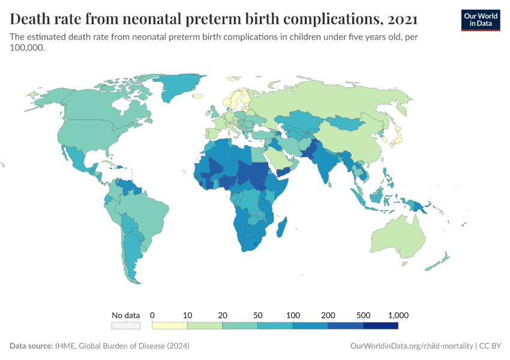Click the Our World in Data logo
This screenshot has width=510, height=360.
(x=480, y=19)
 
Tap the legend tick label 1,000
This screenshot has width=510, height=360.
(x=398, y=315)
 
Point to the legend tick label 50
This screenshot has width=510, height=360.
(x=257, y=315)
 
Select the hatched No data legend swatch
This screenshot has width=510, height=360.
(x=126, y=326)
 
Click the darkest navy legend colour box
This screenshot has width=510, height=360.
(x=380, y=326)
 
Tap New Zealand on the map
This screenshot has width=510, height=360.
(x=442, y=260)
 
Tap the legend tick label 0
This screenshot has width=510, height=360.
(x=152, y=315)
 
